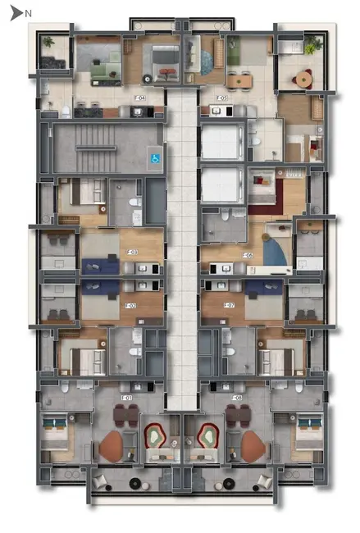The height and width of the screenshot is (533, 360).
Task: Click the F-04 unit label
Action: pyautogui.click(x=139, y=98)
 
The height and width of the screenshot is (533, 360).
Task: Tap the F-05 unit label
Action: pyautogui.click(x=222, y=98)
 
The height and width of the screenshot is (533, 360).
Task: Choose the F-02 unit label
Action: pyautogui.click(x=130, y=306)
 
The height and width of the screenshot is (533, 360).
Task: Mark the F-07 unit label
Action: pyautogui.click(x=230, y=306)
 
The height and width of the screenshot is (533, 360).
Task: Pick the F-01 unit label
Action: pyautogui.click(x=127, y=399)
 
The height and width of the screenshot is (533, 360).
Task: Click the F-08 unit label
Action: pyautogui.click(x=236, y=399)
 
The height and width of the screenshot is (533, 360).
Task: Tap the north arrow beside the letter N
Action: pyautogui.click(x=15, y=12)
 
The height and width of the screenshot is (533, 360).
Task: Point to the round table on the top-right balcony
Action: pyautogui.click(x=303, y=79)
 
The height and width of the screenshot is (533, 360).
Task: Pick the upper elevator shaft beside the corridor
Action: pyautogui.click(x=221, y=142)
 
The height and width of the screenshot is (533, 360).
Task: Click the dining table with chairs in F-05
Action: pyautogui.click(x=239, y=80)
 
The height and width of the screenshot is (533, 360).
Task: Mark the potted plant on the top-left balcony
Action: pyautogui.click(x=48, y=41)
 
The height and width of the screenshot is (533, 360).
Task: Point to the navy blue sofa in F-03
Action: pyautogui.click(x=100, y=266)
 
